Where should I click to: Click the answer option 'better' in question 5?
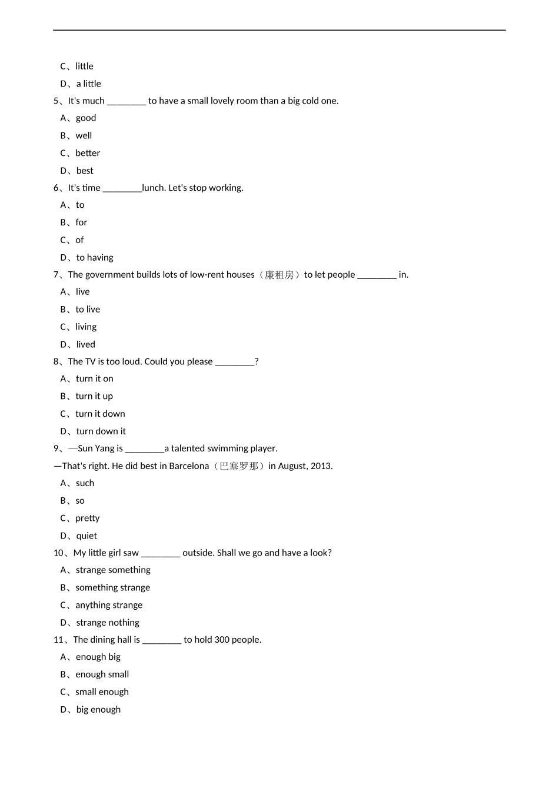[88, 153]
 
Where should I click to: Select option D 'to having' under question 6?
[94, 257]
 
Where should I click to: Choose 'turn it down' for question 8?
[100, 414]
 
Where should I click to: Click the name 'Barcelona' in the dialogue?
[189, 466]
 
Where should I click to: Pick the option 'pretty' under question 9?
[88, 519]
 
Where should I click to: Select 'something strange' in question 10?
[112, 587]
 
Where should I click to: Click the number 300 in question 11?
[222, 640]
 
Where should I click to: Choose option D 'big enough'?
[98, 710]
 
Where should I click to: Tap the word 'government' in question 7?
[110, 275]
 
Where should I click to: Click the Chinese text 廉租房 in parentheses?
[279, 275]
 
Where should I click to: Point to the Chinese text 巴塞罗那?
[239, 466]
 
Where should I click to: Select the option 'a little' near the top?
[88, 84]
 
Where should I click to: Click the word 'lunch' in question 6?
[154, 188]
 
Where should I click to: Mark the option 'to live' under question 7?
[88, 310]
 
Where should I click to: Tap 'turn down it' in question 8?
[101, 431]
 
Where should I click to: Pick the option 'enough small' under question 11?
[102, 674]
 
